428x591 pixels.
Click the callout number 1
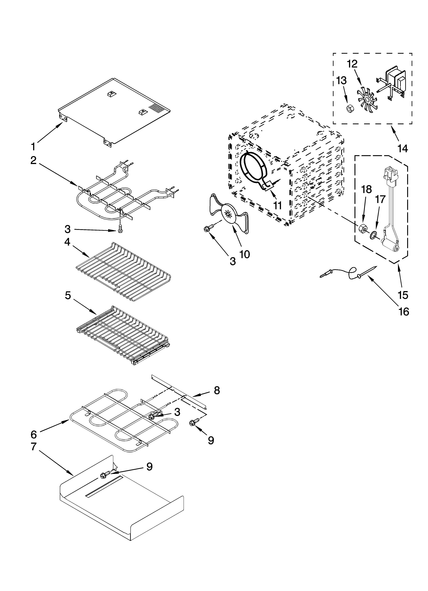pos(33,147)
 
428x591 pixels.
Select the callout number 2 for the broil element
pos(33,160)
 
